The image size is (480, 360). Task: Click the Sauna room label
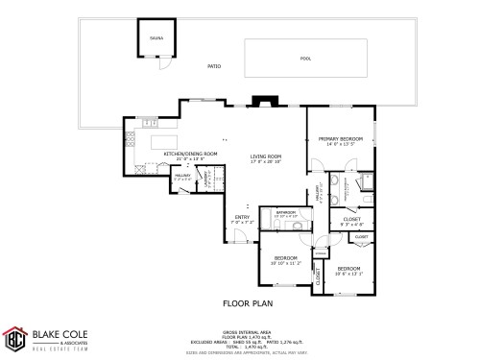coord(155,38)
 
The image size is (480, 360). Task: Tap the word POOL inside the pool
coord(305,59)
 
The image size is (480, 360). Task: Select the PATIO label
coord(215,66)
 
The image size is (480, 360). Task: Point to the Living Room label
coord(266,157)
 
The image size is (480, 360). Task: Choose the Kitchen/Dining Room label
coord(190,155)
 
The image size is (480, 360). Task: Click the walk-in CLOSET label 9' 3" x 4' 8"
coord(352,221)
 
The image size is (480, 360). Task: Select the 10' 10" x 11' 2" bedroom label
coord(287,260)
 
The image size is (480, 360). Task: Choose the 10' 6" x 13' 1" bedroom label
coord(348,270)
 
